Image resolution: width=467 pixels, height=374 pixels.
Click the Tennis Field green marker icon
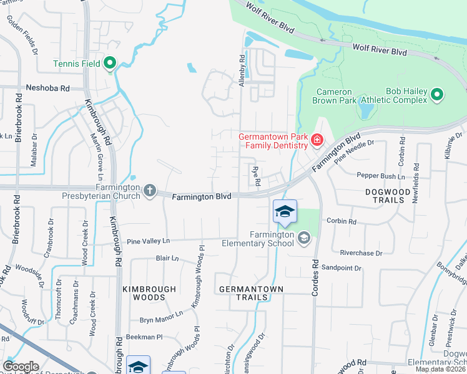point(110,63)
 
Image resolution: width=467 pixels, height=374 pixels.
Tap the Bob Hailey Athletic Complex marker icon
point(437,95)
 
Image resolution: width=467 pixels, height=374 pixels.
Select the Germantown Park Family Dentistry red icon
point(317,139)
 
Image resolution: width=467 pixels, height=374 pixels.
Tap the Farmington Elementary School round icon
point(304,238)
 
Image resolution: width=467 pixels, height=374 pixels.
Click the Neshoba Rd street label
point(47,89)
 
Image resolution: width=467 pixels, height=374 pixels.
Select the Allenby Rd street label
point(242,70)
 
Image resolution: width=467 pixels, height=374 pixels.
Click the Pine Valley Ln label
point(149,241)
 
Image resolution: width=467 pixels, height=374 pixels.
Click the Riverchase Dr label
point(360,253)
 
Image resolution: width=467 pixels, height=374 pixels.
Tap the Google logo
point(21,367)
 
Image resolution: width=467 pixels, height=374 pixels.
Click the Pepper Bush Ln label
point(376,176)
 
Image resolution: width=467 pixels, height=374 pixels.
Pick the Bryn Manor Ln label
point(161,317)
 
